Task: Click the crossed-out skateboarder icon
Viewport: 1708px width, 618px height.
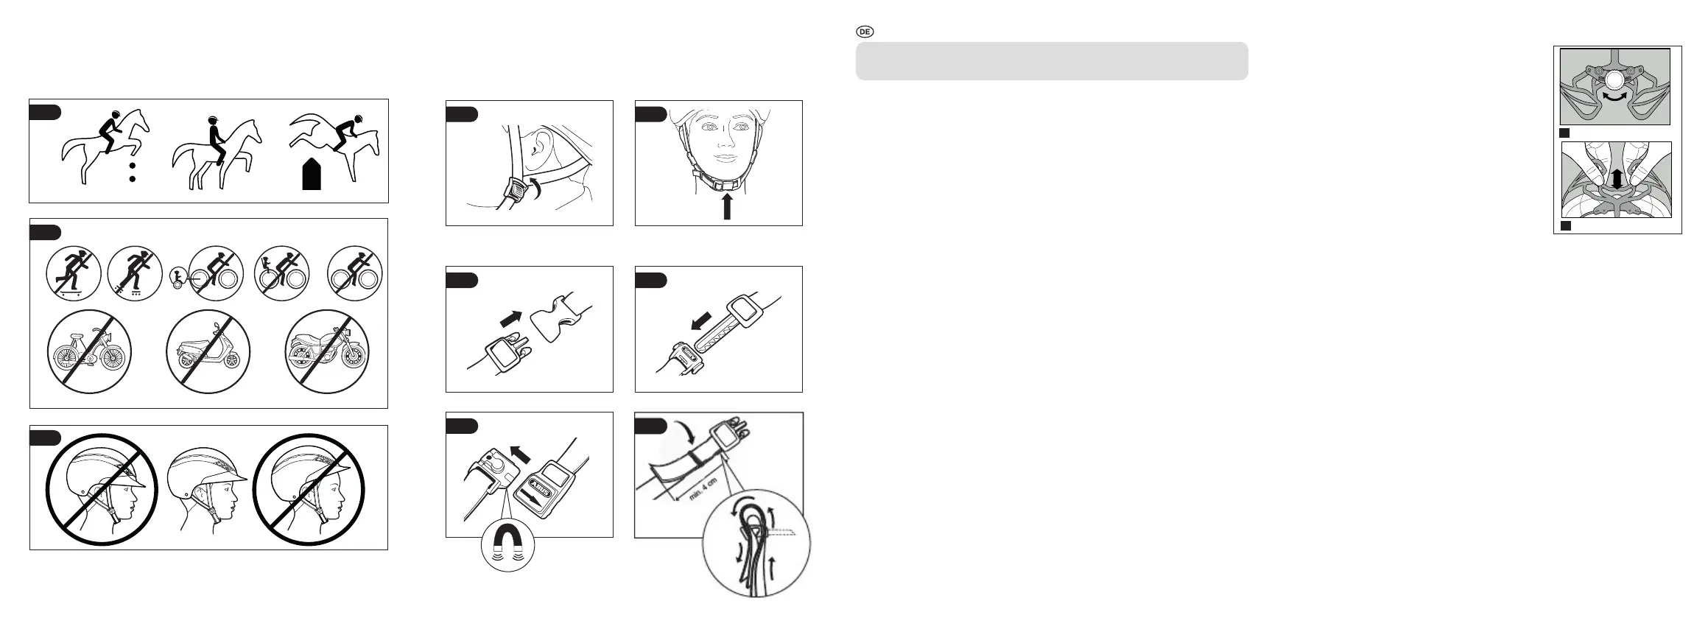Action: pos(73,273)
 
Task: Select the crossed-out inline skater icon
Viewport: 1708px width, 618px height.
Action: pos(135,273)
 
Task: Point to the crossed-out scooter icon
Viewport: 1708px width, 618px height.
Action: pos(208,351)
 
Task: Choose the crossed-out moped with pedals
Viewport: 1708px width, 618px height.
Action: pos(89,351)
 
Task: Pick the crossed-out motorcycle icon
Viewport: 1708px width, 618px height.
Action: pos(327,351)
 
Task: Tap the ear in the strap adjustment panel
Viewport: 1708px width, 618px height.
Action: pos(544,142)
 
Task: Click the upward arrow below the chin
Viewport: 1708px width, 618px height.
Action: pos(727,206)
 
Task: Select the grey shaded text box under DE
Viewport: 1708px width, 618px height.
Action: pos(1052,60)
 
